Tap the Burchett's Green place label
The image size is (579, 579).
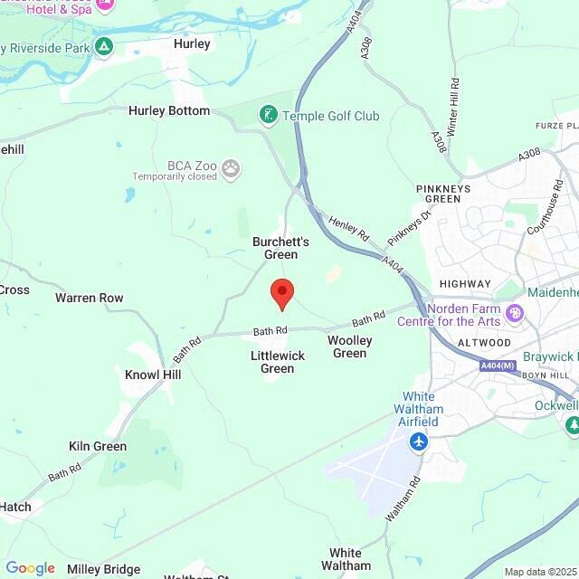[x=280, y=248]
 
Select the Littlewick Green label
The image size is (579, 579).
[x=277, y=362]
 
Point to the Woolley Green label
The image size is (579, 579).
[x=349, y=346]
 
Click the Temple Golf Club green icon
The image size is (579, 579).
[x=268, y=115]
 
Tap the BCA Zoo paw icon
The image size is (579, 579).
[x=233, y=167]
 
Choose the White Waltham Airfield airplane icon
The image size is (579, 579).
[x=419, y=441]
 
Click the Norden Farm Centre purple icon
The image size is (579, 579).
[x=516, y=313]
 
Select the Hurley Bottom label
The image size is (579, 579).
[x=169, y=110]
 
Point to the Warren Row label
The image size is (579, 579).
[x=89, y=298]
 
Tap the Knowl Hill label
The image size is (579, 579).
[x=153, y=375]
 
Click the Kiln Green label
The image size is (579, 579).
[x=98, y=446]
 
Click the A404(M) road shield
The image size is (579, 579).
[x=496, y=365]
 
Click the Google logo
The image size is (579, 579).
[x=30, y=568]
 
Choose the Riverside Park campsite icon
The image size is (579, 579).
[x=105, y=45]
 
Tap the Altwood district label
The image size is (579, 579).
[x=484, y=343]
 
